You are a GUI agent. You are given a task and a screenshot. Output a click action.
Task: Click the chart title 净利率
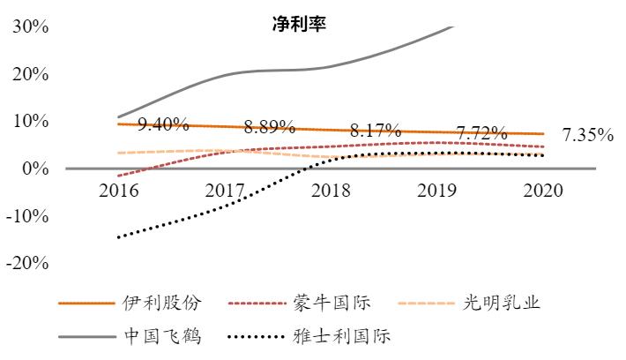click(299, 24)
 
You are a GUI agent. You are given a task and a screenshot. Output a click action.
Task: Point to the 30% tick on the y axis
click(30, 26)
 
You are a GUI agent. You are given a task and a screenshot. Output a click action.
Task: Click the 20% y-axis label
click(30, 74)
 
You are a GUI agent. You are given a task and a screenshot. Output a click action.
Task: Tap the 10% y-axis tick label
click(30, 121)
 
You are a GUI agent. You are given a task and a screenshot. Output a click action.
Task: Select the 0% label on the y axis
click(35, 169)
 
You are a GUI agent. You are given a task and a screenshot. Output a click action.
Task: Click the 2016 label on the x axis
click(117, 190)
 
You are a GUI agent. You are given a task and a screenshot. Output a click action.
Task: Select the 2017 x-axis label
click(225, 190)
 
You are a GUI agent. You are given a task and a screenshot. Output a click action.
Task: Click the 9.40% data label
click(164, 125)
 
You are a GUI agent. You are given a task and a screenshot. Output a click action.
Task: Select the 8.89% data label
click(270, 127)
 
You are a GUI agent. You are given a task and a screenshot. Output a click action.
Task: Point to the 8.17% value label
click(376, 131)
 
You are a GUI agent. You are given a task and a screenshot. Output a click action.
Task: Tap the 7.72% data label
click(481, 133)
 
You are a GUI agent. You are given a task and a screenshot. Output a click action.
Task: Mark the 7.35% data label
click(587, 135)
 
